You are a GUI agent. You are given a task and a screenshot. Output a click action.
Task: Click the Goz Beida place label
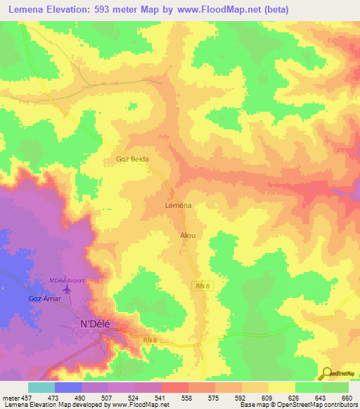(x=132, y=160)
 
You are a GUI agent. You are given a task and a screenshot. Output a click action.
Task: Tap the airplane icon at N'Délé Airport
(x=67, y=290)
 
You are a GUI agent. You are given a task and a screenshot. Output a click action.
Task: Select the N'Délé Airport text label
(x=66, y=280)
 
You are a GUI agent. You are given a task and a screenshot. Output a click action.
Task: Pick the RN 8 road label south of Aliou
(x=202, y=285)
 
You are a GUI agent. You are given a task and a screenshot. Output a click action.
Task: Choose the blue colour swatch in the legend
(x=68, y=387)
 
